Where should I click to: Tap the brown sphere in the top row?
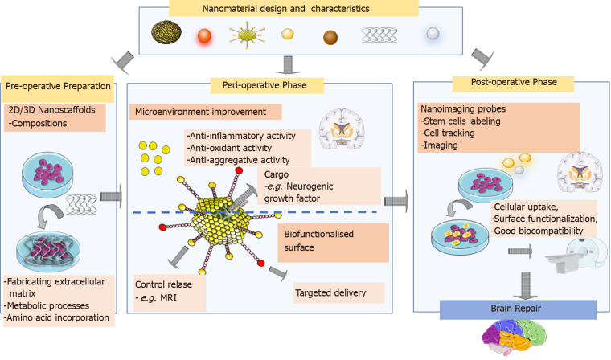point(331,36)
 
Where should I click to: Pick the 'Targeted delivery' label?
point(338,292)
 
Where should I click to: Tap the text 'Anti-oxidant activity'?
point(228,148)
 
